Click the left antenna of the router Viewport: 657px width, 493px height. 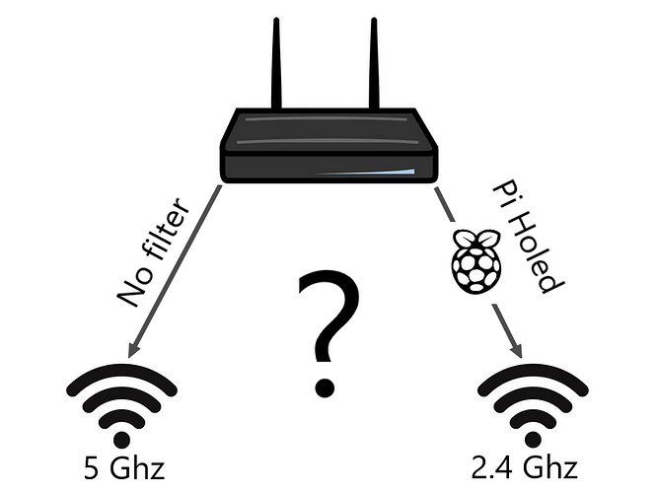pos(276,64)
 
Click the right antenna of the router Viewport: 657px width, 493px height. pos(374,64)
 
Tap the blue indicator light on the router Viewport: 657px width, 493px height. pos(365,173)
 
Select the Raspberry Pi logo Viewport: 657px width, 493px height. pos(476,260)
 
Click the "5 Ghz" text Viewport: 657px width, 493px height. pos(124,467)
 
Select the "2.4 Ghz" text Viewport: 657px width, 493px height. pos(525,467)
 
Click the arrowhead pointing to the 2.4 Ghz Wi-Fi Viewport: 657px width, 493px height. pos(517,350)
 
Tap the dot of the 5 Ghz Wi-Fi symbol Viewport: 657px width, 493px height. pos(122,440)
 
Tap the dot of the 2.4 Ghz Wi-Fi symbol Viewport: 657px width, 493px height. pos(534,440)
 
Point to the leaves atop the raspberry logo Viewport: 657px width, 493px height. pos(476,238)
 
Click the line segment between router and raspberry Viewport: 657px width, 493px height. pos(445,204)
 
